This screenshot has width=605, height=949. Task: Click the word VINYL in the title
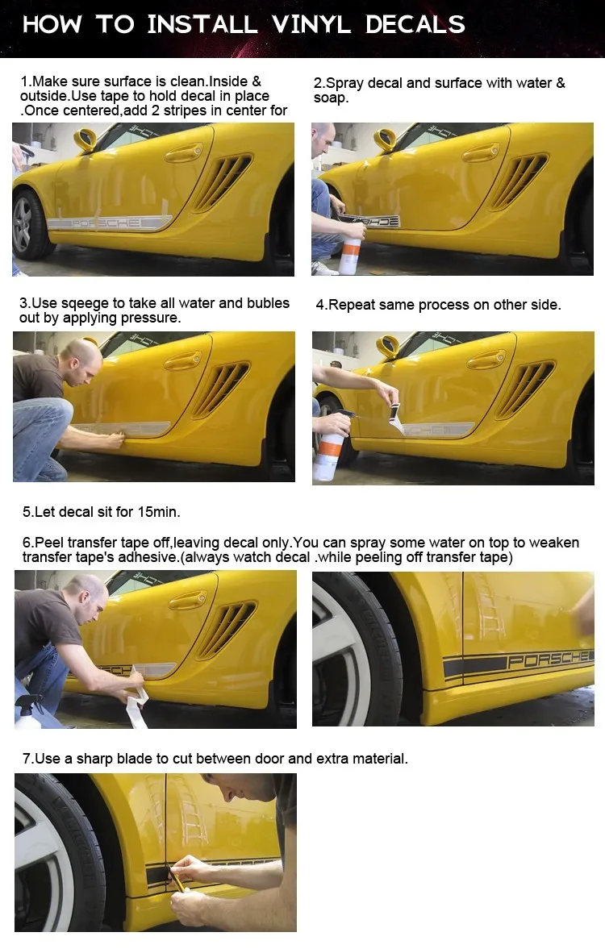311,25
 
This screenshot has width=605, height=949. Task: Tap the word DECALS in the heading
415,25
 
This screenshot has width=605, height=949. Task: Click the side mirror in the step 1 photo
86,139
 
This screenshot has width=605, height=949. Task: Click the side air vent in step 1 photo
222,181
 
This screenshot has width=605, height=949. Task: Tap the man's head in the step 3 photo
81,360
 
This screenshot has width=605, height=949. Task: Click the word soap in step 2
329,98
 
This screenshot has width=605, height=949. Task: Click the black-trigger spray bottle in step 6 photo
29,711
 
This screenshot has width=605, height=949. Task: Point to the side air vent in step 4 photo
524,389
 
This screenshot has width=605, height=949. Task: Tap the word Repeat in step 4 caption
347,306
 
